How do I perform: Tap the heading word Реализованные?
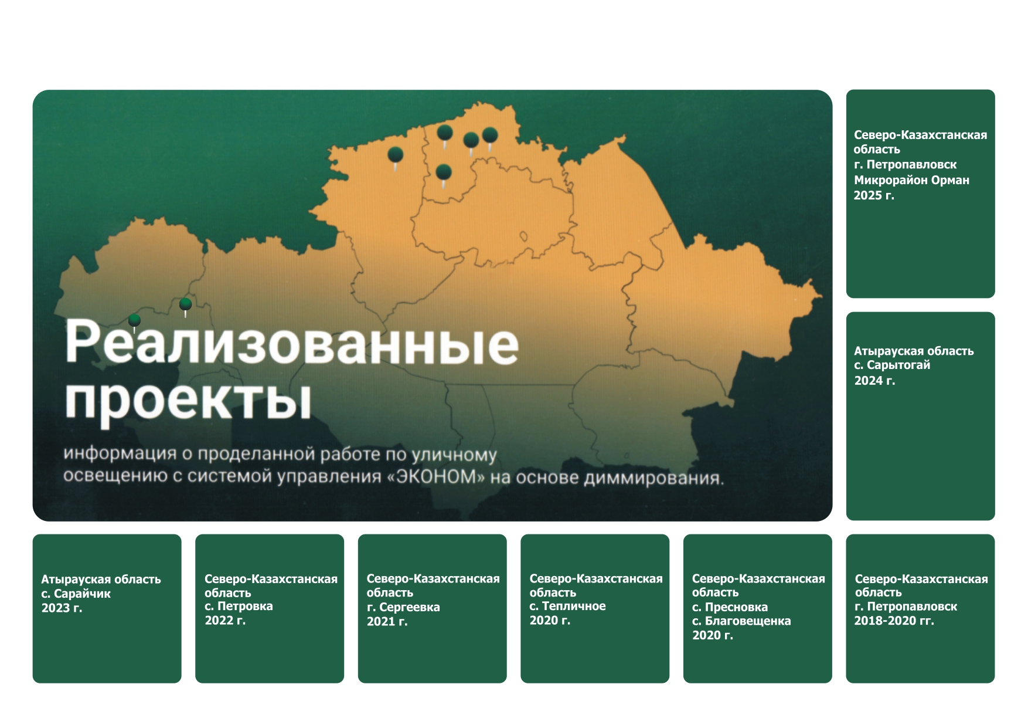292,343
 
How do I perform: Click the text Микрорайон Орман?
911,180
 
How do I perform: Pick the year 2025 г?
874,195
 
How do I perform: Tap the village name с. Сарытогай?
892,365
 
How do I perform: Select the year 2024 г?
874,381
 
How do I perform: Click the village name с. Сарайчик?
76,594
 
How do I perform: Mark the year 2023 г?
62,608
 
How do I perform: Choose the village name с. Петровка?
239,607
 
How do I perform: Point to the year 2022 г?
225,621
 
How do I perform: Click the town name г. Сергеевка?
403,608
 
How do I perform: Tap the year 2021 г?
387,622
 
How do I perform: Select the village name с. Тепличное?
568,607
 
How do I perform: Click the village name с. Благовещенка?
741,621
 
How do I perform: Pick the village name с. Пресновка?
730,607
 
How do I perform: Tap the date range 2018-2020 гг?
894,621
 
